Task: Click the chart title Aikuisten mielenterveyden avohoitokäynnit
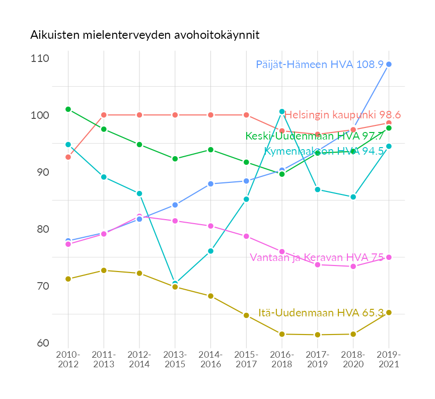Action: (x=144, y=35)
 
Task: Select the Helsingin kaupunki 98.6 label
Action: (x=342, y=115)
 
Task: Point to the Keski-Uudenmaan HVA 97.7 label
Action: (x=315, y=136)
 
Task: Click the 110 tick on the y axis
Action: (x=40, y=58)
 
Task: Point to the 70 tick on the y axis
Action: (x=42, y=286)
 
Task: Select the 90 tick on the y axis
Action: (x=42, y=172)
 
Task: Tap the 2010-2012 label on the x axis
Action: (x=68, y=360)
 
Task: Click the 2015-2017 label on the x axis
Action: (x=246, y=360)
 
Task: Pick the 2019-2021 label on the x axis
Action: (x=389, y=360)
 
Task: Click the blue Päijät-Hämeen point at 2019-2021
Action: (x=389, y=64)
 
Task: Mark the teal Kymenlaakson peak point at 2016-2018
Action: (x=282, y=111)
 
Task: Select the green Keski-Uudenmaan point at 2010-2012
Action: (x=68, y=109)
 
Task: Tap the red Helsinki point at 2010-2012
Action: (x=68, y=157)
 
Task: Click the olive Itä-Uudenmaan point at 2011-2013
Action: (x=104, y=271)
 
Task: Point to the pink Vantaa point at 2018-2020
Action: (x=353, y=266)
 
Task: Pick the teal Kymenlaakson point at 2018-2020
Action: (x=353, y=197)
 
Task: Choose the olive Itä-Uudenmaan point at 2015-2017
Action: (x=246, y=315)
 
